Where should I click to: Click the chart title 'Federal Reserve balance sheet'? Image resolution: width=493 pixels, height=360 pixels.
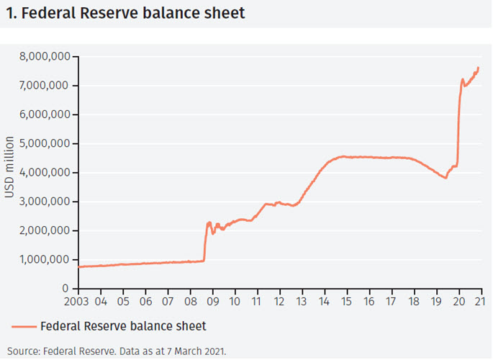(130, 12)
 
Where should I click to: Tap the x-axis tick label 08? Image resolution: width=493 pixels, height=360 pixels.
(190, 300)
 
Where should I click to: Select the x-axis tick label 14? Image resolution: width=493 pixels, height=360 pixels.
(325, 300)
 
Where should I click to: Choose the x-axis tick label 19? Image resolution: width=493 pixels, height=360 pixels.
(436, 300)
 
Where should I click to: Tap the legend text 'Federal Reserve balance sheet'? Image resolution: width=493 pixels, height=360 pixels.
(123, 326)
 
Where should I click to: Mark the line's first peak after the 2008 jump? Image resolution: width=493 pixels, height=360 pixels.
(209, 222)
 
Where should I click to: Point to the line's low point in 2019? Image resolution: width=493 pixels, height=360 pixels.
(446, 177)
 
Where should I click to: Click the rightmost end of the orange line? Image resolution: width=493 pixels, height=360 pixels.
(479, 68)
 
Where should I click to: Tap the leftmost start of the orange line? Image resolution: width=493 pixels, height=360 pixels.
(79, 266)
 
